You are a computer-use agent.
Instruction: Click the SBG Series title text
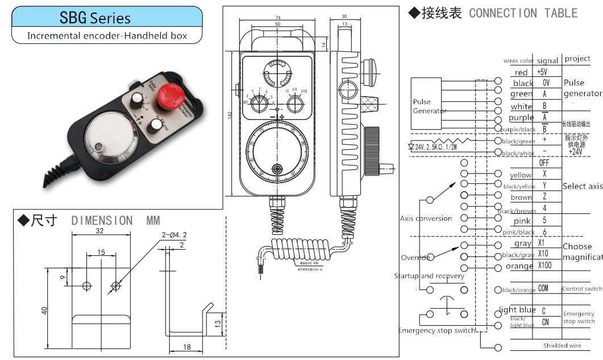95,18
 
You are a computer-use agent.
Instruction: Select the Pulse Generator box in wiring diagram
426,103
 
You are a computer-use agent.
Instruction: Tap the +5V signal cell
542,72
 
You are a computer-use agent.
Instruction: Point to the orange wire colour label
519,266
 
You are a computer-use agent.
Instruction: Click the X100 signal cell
544,266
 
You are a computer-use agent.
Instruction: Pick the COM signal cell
543,289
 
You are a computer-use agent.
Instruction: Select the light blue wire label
517,310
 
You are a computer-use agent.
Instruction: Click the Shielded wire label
562,345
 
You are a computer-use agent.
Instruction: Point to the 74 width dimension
278,18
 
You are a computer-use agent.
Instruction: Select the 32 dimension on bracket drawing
100,231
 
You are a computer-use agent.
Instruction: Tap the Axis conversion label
426,218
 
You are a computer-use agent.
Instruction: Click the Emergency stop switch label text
436,330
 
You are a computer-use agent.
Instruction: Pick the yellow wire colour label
521,175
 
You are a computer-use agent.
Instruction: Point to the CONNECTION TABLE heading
523,13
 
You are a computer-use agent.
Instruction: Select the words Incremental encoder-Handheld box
107,36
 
